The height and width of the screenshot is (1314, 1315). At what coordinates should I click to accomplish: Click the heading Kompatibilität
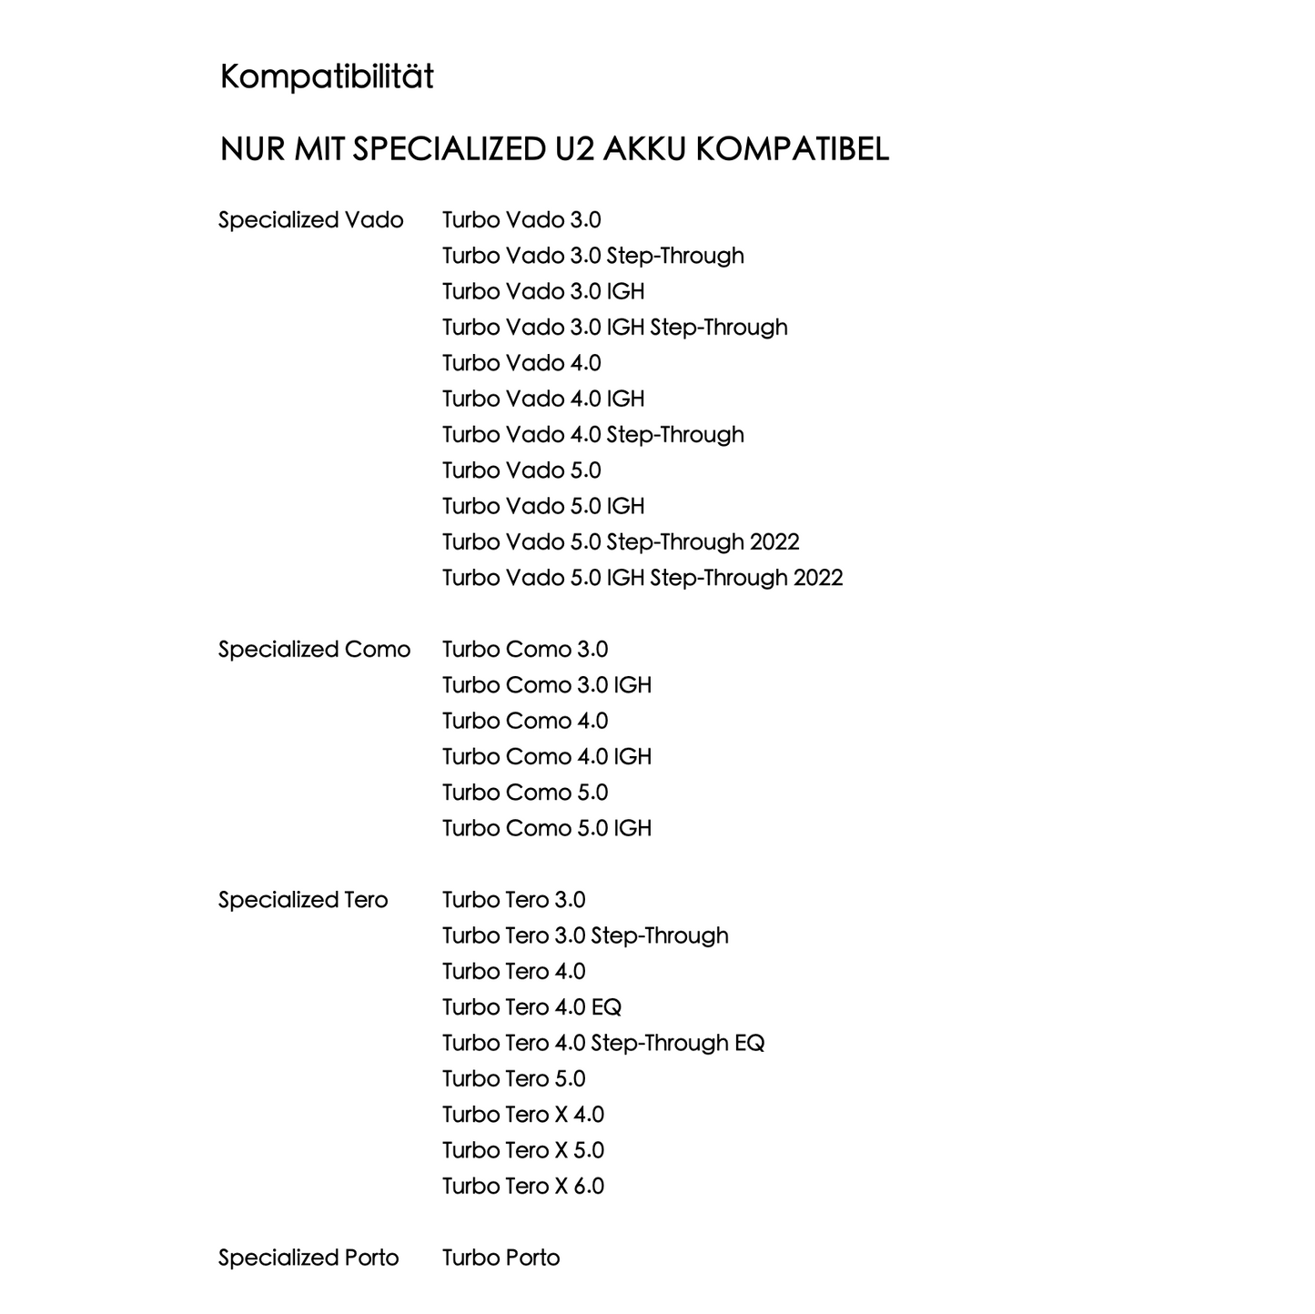pyautogui.click(x=327, y=76)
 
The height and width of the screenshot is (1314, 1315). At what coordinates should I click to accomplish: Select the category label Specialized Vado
pyautogui.click(x=310, y=220)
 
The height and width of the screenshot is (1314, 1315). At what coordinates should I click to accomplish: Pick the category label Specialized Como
pyautogui.click(x=314, y=650)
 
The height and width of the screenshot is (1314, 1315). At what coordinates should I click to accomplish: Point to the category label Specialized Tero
pyautogui.click(x=303, y=900)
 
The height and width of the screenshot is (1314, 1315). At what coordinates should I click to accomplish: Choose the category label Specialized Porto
pyautogui.click(x=309, y=1258)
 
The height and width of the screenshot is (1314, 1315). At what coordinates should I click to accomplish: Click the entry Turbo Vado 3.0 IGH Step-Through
pyautogui.click(x=614, y=328)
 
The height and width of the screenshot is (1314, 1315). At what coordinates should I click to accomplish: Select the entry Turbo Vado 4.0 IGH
pyautogui.click(x=543, y=399)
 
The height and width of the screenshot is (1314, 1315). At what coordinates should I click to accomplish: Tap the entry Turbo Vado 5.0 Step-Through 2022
pyautogui.click(x=621, y=542)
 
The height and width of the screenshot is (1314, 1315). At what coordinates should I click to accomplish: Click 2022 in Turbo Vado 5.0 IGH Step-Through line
pyautogui.click(x=818, y=578)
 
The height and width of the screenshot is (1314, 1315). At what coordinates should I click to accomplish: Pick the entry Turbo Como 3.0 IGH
pyautogui.click(x=547, y=685)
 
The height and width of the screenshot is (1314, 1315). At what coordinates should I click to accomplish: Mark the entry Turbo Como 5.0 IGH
pyautogui.click(x=547, y=828)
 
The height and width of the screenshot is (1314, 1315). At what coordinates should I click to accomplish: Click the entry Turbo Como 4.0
pyautogui.click(x=525, y=721)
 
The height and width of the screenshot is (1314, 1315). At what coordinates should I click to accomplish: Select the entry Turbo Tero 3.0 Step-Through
pyautogui.click(x=585, y=935)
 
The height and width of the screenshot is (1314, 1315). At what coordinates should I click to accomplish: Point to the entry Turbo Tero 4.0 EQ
pyautogui.click(x=531, y=1007)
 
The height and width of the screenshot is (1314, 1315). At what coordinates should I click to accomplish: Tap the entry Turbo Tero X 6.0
pyautogui.click(x=523, y=1186)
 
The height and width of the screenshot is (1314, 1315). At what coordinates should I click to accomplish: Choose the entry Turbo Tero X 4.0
pyautogui.click(x=523, y=1115)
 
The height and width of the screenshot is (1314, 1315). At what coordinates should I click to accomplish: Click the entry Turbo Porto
pyautogui.click(x=501, y=1258)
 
